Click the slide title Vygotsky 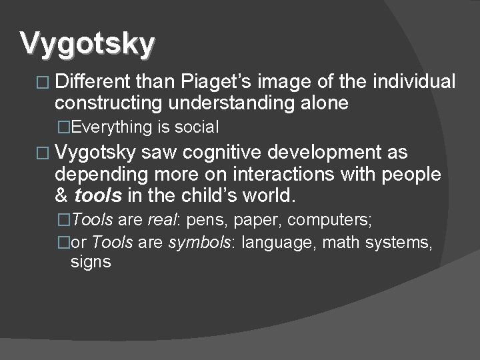[x=87, y=44]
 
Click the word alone [x=325, y=103]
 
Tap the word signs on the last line [x=91, y=262]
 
